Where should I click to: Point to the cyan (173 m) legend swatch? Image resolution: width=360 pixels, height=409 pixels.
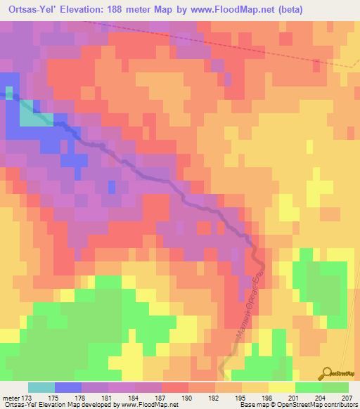[41, 387]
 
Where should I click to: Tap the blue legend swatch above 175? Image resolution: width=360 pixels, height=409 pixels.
[68, 387]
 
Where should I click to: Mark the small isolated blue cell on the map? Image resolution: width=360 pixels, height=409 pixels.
[111, 187]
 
